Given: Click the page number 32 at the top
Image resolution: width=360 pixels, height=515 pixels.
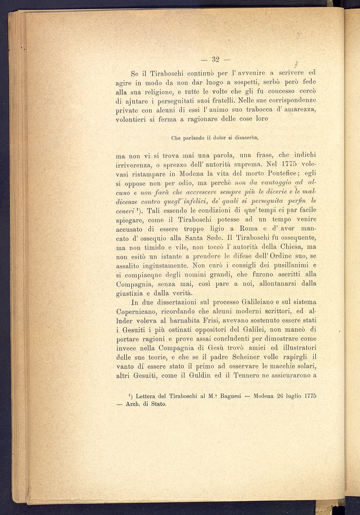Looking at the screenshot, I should [215, 60].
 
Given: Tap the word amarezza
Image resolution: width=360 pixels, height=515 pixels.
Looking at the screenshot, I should [300, 110].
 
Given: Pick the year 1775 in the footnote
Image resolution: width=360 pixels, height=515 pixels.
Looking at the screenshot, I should [310, 396].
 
